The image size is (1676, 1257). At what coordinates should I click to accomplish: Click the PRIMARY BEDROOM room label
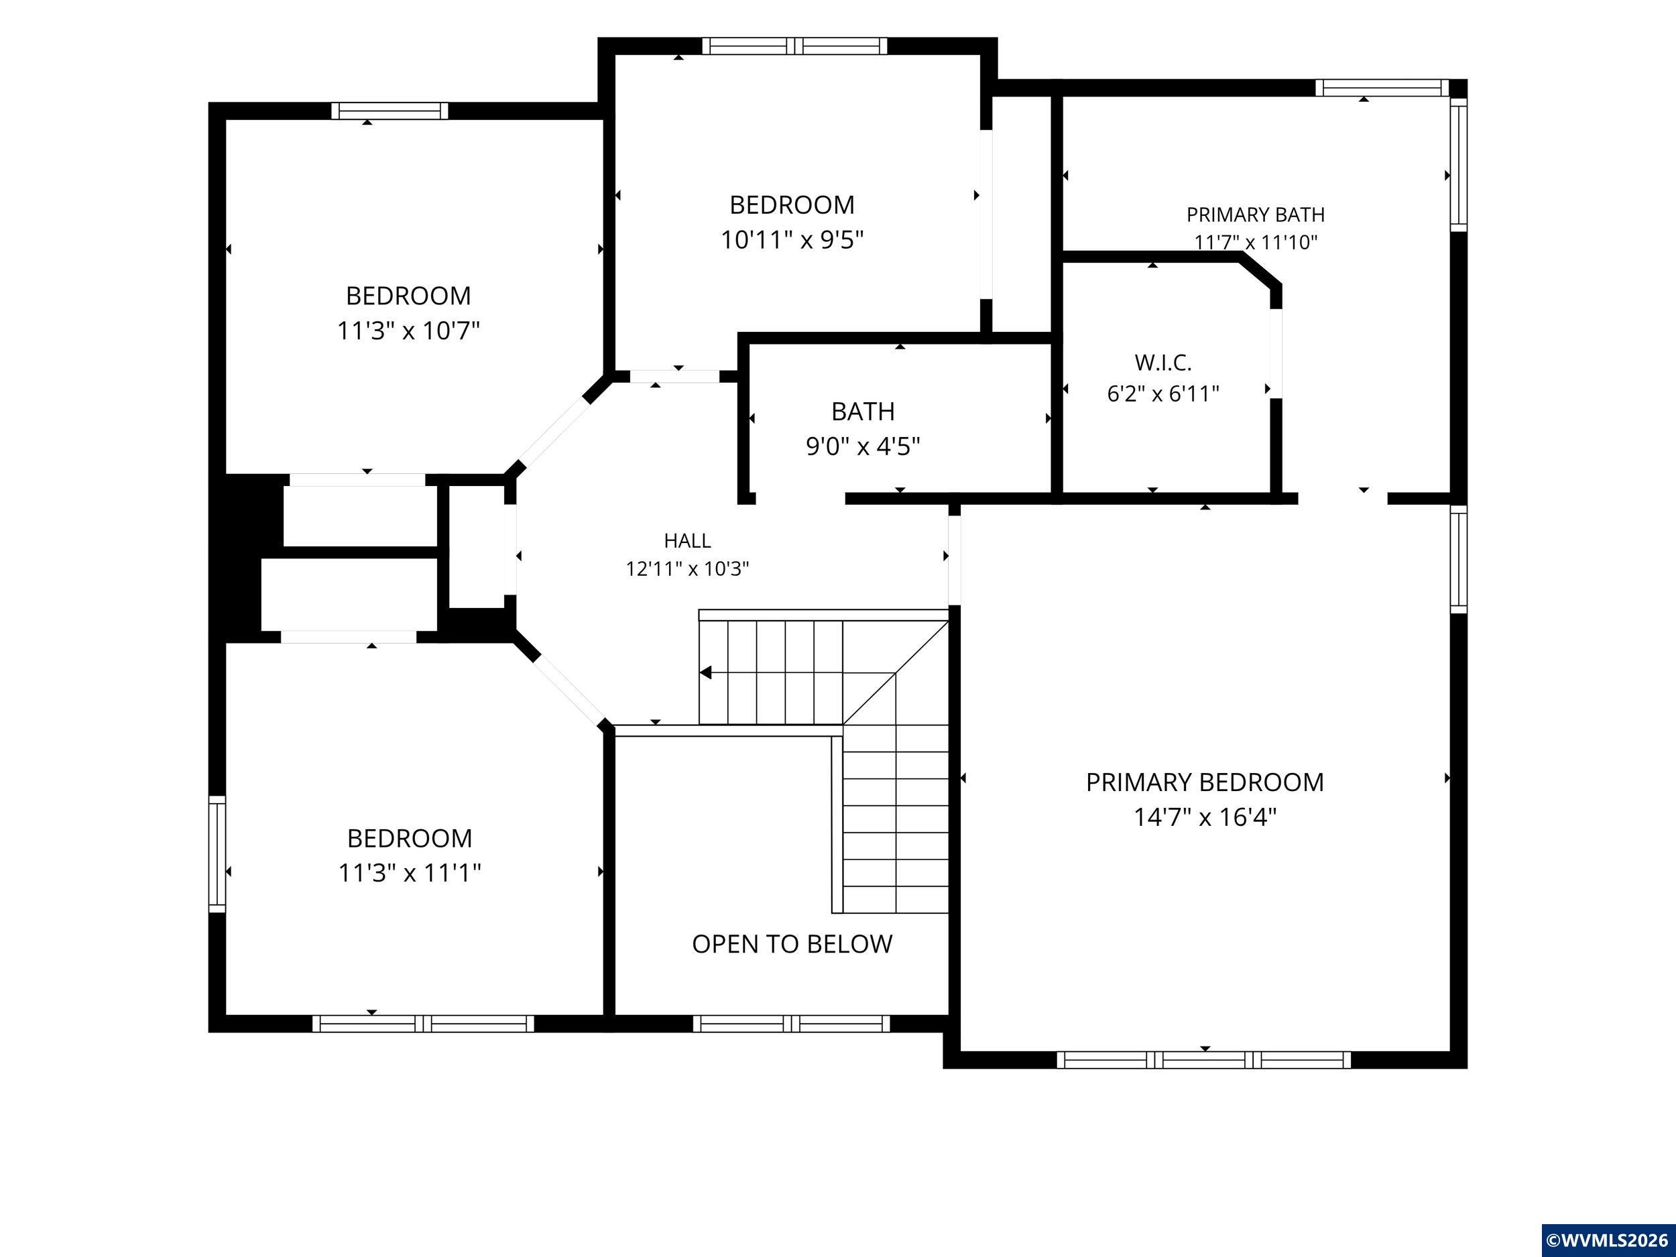point(1205,782)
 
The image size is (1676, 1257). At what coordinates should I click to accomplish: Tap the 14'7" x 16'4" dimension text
point(1205,817)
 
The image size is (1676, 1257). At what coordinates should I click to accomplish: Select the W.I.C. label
point(1163,363)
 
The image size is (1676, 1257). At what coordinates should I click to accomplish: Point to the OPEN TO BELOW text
point(792,944)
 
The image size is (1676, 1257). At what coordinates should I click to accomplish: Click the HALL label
point(687,541)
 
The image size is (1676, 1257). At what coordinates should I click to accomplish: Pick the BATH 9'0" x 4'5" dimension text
point(863,446)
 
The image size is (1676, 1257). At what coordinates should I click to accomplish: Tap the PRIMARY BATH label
point(1256,215)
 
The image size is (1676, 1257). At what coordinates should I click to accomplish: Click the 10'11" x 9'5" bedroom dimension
point(792,240)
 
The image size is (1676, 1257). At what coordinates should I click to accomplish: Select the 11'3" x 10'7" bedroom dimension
point(408,331)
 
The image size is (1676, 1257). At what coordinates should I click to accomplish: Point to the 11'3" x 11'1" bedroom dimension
point(409,873)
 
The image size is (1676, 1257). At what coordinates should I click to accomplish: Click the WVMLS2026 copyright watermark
point(1608,1240)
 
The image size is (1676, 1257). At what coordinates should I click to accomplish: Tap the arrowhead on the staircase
point(705,672)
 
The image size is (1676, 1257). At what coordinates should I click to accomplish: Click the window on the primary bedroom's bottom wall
point(1204,1060)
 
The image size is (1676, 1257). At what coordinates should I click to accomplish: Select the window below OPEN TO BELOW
point(791,1024)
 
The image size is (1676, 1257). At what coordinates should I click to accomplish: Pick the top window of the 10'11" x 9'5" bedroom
point(794,46)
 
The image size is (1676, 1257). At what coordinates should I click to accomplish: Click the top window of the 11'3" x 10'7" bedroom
point(390,111)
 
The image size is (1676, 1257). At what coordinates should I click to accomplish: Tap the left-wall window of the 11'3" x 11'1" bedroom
point(217,853)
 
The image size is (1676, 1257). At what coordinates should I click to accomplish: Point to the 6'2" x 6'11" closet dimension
point(1163,394)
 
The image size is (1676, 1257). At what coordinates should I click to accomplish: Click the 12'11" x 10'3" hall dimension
point(687,569)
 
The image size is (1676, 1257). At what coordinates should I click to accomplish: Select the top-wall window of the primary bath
point(1382,88)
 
